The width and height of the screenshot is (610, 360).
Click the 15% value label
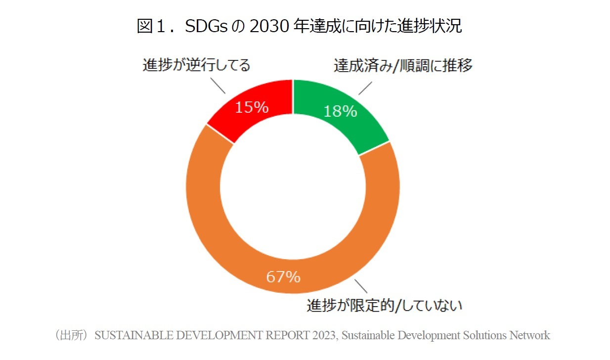(252, 107)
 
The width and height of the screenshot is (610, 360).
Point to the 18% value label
(340, 111)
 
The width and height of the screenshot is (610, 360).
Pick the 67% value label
(283, 277)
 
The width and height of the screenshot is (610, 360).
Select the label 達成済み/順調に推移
(403, 65)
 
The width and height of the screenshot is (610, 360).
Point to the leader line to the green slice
(365, 88)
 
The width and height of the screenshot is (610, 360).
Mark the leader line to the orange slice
(361, 286)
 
